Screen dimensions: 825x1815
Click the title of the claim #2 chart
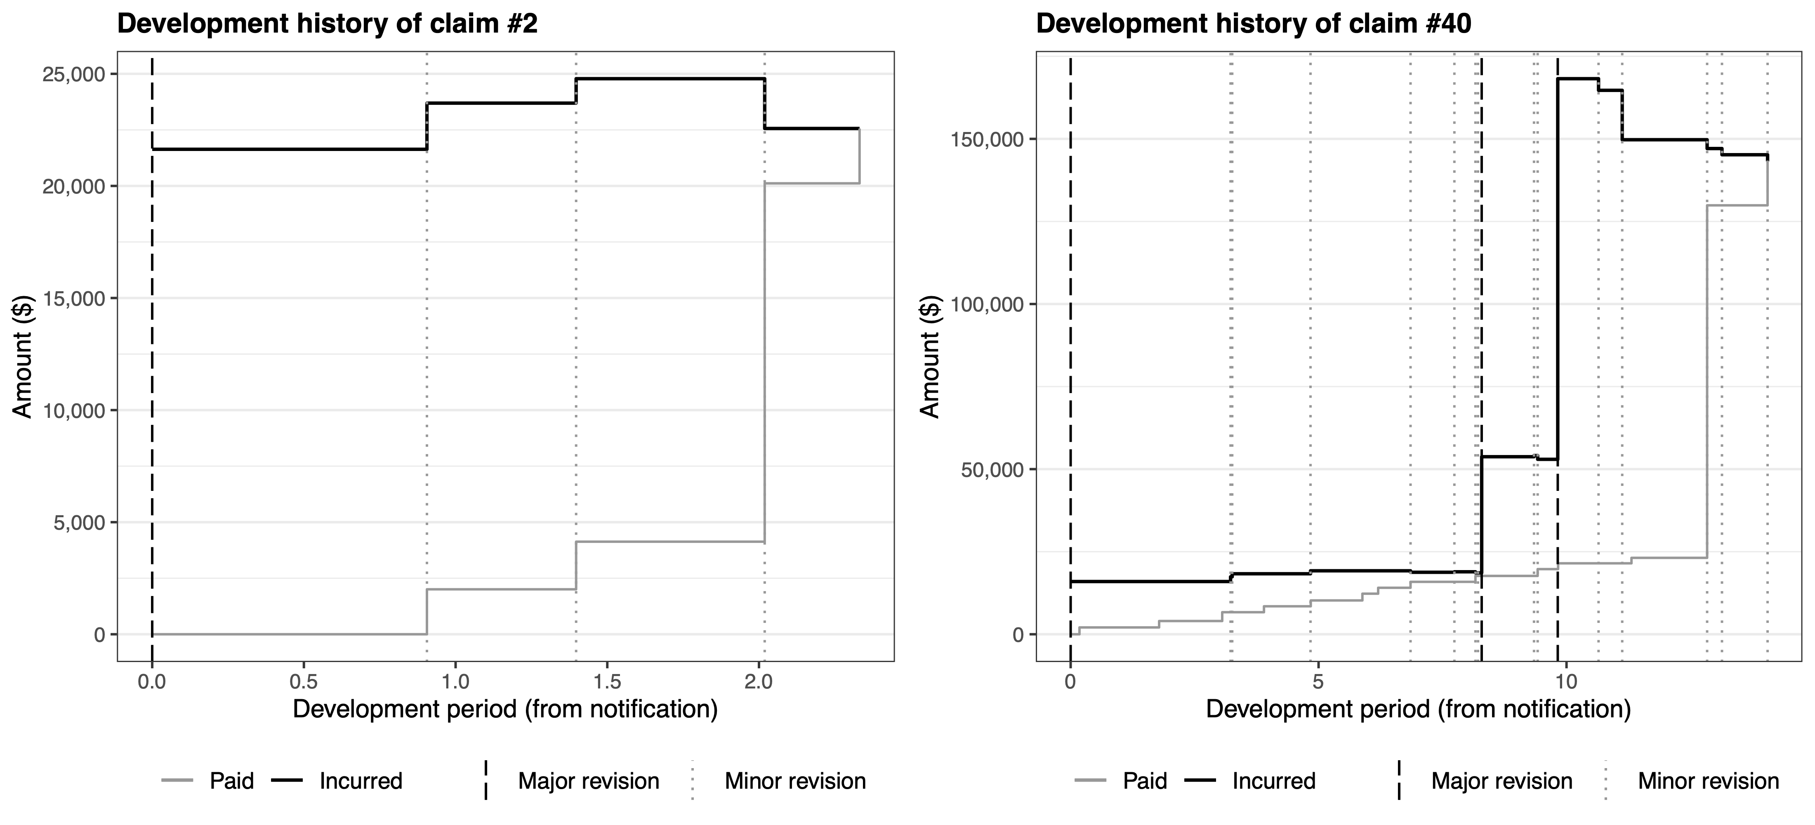point(327,24)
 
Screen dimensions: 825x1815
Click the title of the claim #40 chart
point(1254,24)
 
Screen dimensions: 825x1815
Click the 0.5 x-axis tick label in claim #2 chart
point(304,682)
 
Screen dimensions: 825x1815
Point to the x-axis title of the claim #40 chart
point(1418,709)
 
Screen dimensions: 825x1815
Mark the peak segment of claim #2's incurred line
point(669,79)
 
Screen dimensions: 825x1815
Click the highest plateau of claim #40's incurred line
point(1577,79)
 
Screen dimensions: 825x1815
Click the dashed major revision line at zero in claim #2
point(152,352)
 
